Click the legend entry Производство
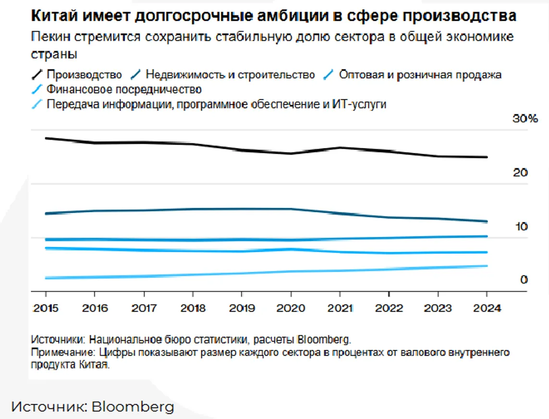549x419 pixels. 84,75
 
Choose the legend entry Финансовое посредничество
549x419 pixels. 124,89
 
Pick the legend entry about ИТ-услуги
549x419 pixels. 216,104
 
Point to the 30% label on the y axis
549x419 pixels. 526,119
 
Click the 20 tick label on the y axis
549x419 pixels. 521,173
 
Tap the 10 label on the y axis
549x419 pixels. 521,226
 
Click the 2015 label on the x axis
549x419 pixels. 46,308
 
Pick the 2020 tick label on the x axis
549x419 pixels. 291,308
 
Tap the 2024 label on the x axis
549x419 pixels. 487,308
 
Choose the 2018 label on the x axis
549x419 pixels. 193,308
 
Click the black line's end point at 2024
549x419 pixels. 487,157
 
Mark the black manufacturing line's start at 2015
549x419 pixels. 46,138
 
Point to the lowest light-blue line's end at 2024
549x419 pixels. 487,266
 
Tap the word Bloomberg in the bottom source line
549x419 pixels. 133,407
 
